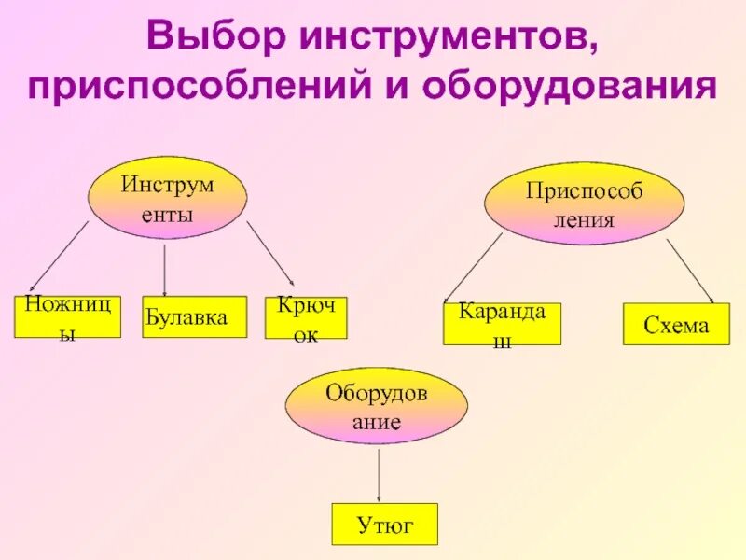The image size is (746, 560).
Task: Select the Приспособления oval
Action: point(583,203)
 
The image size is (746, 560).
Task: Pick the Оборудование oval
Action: point(376,405)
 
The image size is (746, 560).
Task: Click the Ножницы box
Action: point(67,316)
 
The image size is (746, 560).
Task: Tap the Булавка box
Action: point(194,316)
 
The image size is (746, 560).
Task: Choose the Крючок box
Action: point(306,317)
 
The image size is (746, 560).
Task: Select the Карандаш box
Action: point(502,324)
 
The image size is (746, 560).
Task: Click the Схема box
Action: point(676,324)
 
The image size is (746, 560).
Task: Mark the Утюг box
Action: point(384,525)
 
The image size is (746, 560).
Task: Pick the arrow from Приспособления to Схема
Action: point(690,271)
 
